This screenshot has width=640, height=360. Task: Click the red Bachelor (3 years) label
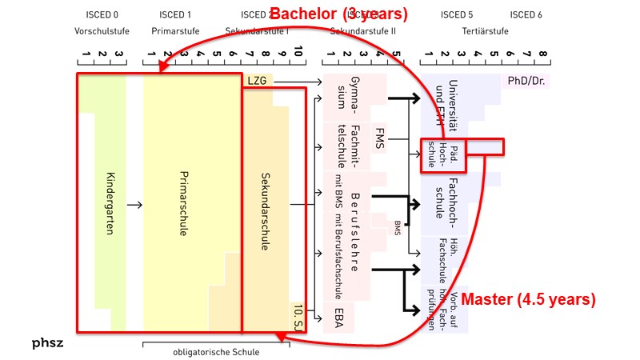click(x=340, y=14)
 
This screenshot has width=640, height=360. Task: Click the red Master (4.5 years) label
click(x=530, y=300)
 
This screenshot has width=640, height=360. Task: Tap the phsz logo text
click(x=48, y=343)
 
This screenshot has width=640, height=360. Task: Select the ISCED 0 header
click(x=102, y=14)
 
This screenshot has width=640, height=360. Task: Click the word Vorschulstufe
click(x=102, y=30)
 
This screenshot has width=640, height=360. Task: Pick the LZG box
click(x=257, y=81)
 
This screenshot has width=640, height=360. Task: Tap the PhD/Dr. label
click(x=526, y=81)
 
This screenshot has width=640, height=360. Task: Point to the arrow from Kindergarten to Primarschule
click(x=134, y=205)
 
